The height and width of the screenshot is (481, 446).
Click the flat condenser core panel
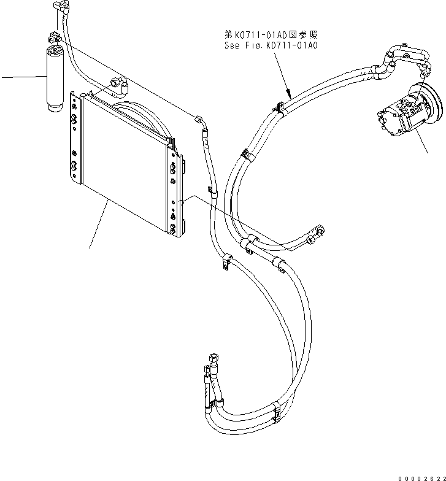tap(123, 166)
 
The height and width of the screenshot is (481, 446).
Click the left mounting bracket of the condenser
tap(75, 138)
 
